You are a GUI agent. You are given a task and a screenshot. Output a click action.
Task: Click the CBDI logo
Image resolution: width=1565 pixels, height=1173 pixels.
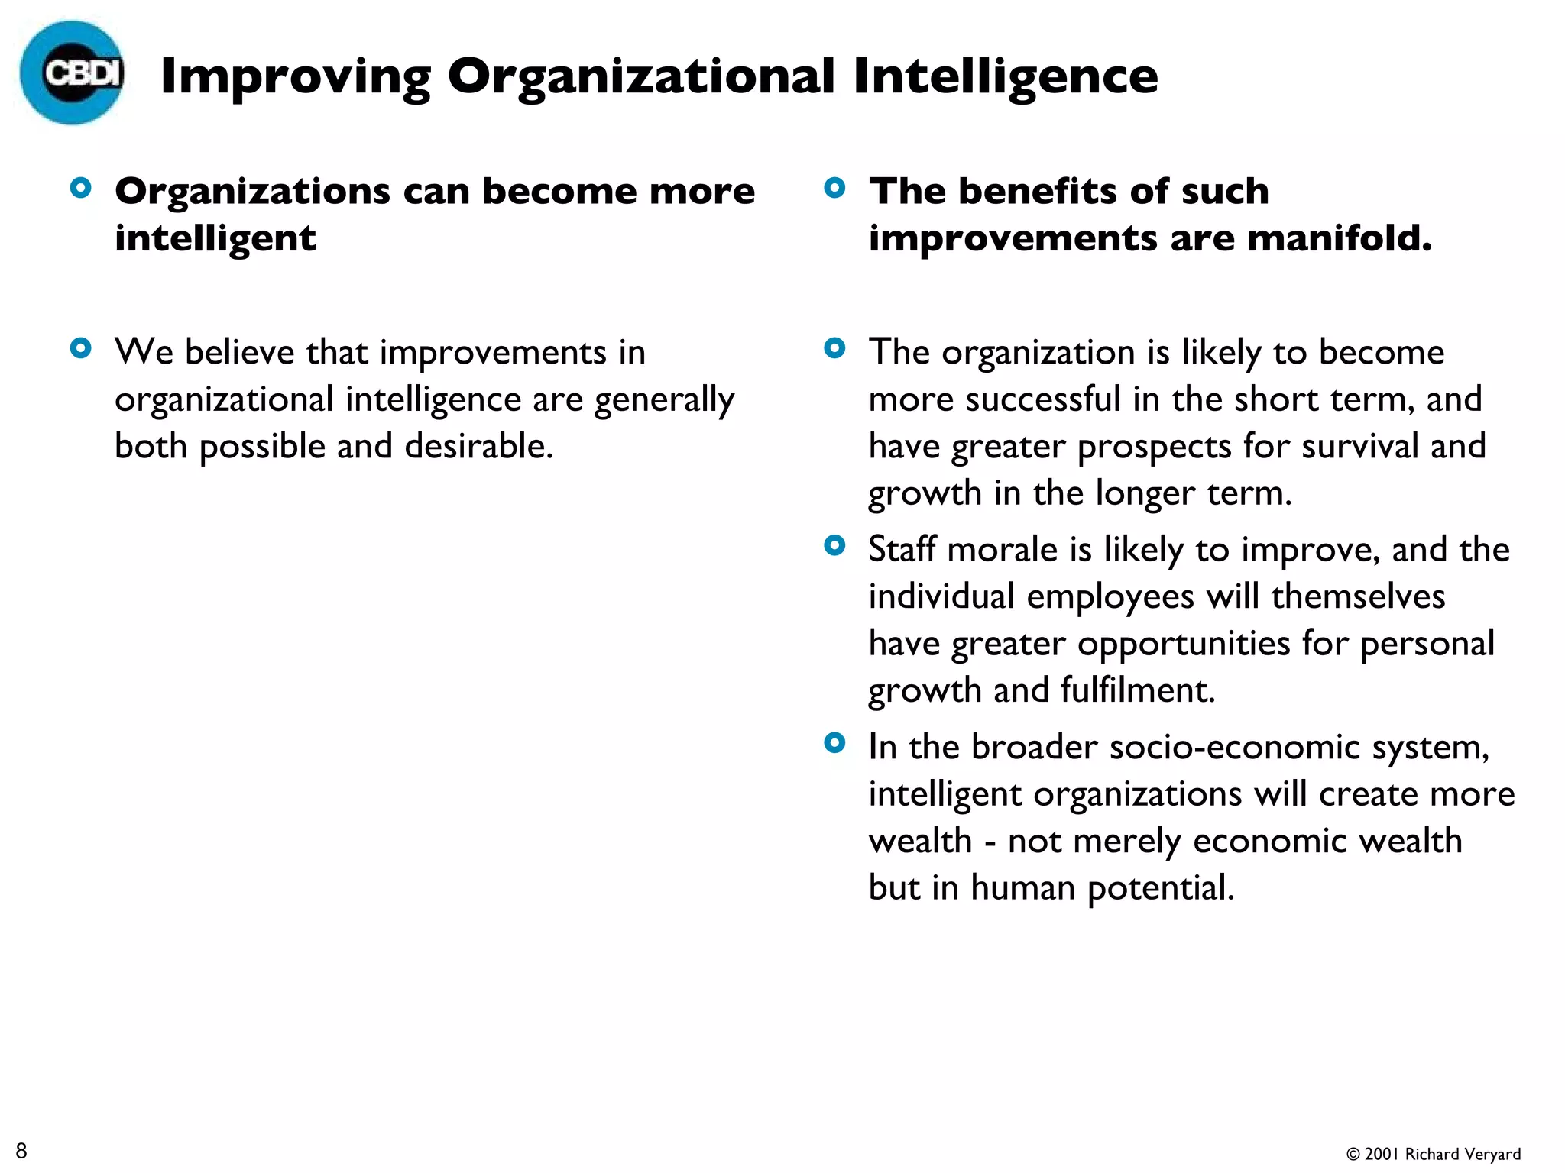[73, 73]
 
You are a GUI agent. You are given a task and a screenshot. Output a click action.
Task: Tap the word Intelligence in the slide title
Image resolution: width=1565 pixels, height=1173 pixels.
[1005, 76]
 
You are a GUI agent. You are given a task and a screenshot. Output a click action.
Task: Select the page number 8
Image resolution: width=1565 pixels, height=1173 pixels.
[21, 1150]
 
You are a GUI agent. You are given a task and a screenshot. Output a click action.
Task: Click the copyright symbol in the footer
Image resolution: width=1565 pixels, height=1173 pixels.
[1353, 1155]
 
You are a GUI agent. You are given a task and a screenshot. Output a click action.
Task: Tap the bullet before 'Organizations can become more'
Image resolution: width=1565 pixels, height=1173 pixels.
[80, 188]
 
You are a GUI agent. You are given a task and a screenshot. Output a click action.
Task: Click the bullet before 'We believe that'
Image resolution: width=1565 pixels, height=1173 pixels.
[80, 349]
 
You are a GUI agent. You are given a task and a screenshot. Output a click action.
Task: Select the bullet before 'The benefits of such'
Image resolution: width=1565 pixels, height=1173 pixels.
[834, 188]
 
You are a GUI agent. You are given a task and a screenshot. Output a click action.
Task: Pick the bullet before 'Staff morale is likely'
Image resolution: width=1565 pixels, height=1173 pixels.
[834, 546]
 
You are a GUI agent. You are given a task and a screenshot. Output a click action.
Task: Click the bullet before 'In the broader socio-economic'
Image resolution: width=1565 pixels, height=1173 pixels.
[834, 743]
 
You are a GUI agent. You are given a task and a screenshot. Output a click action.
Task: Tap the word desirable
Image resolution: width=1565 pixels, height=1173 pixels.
[478, 446]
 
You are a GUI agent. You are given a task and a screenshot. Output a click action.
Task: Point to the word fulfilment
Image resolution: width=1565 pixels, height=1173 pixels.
[1137, 690]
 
